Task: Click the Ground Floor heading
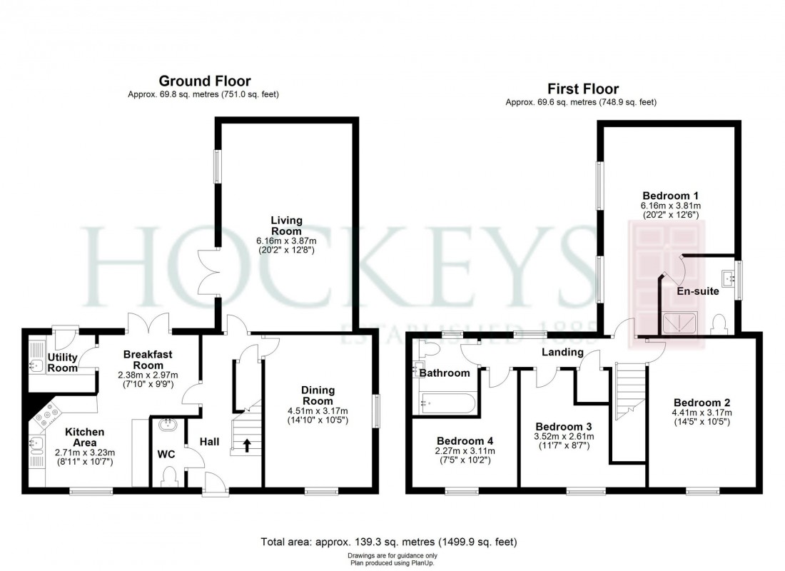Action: (x=204, y=81)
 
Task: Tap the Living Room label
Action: (x=286, y=226)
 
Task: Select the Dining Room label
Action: (x=318, y=395)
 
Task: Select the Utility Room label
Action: (x=63, y=363)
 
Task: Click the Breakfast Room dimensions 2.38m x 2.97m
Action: (x=148, y=375)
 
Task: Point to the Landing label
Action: (x=562, y=352)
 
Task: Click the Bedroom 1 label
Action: (x=670, y=196)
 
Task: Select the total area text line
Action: (x=392, y=542)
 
